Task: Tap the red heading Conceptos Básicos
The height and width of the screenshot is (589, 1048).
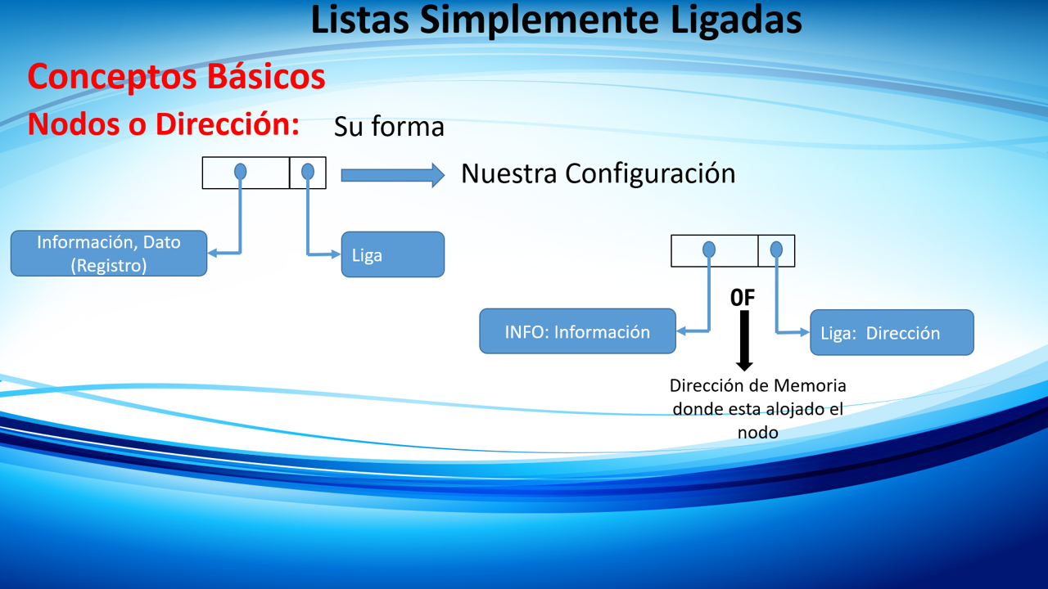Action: pyautogui.click(x=176, y=76)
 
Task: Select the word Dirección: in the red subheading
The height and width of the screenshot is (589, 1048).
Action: pyautogui.click(x=228, y=124)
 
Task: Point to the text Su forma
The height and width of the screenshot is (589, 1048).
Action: pyautogui.click(x=389, y=127)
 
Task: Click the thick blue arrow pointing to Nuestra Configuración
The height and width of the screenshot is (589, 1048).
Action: pyautogui.click(x=392, y=175)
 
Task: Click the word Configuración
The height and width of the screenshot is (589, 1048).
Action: pyautogui.click(x=650, y=174)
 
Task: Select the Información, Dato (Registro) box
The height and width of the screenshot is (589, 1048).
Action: pyautogui.click(x=109, y=254)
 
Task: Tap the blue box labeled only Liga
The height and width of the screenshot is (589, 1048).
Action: pyautogui.click(x=392, y=254)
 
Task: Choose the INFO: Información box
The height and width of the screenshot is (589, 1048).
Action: pyautogui.click(x=577, y=331)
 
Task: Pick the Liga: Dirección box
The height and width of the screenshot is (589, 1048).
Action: pyautogui.click(x=892, y=332)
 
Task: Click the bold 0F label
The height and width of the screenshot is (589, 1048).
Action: pyautogui.click(x=743, y=298)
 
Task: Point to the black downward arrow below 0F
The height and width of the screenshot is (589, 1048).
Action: pyautogui.click(x=744, y=341)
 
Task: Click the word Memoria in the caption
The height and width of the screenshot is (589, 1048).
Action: pyautogui.click(x=810, y=385)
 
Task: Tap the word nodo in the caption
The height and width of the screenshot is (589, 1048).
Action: pyautogui.click(x=758, y=433)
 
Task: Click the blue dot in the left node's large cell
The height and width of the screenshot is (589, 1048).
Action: pyautogui.click(x=240, y=172)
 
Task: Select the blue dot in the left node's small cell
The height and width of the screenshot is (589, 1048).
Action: pyautogui.click(x=307, y=172)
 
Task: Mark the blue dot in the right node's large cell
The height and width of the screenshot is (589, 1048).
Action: pyautogui.click(x=709, y=250)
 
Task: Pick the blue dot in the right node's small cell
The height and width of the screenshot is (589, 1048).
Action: pyautogui.click(x=776, y=250)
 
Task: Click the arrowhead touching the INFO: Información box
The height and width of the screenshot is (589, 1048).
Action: pyautogui.click(x=681, y=331)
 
